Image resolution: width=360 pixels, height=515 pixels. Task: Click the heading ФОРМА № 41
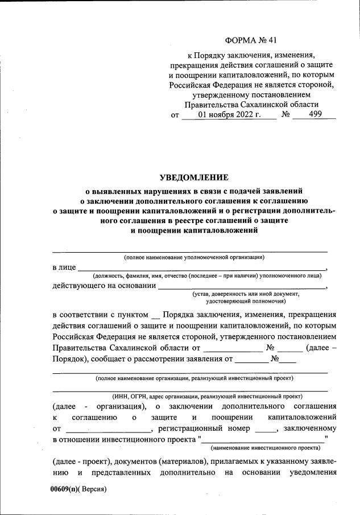(x=252, y=41)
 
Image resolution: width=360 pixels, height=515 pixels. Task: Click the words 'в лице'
(x=63, y=267)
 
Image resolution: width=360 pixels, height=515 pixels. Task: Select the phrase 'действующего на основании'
(x=104, y=286)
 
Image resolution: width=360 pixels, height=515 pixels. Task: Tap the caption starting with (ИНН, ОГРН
(x=207, y=395)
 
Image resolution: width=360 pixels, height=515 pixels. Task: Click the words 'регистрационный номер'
(x=206, y=429)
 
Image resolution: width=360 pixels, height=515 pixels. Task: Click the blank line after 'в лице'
(x=202, y=268)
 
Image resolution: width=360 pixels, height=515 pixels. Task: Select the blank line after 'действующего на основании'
(x=242, y=287)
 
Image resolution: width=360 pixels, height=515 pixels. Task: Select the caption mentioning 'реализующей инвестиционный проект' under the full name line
(x=195, y=377)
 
